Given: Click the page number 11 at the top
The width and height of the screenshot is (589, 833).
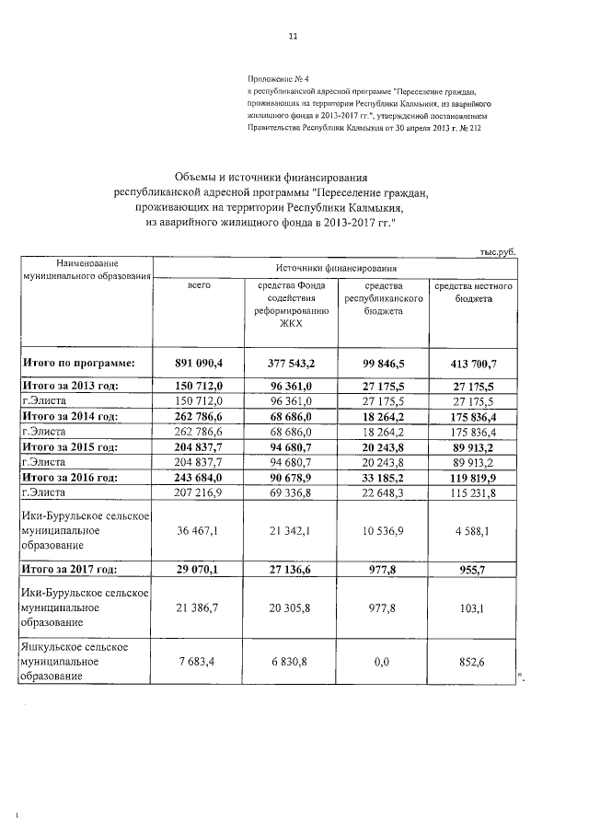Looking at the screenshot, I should (293, 38).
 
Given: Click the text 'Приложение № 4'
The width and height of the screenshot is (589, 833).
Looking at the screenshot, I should (278, 82).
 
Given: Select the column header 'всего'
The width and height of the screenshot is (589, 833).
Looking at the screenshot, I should (200, 287).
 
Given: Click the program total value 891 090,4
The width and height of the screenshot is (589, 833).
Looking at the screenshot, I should (200, 364).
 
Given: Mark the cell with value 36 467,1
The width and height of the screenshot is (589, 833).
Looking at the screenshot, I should (200, 530).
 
